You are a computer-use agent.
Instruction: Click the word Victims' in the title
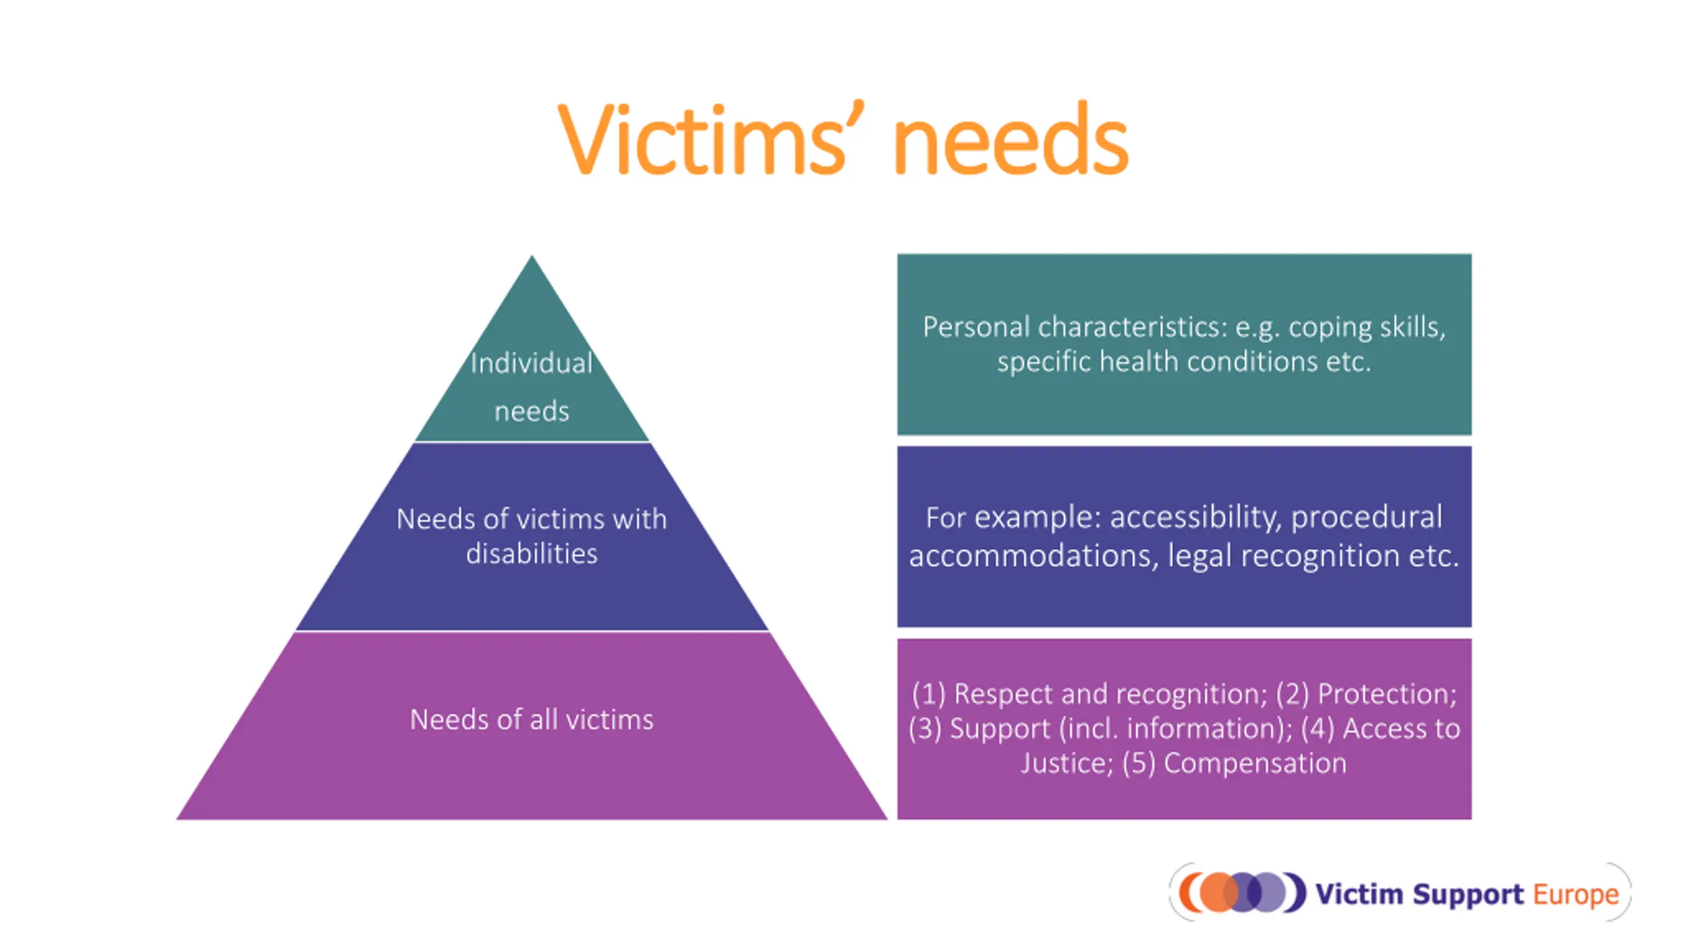click(x=701, y=140)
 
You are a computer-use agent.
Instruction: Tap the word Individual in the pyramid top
click(x=531, y=363)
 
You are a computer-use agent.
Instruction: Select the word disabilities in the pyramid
click(x=531, y=554)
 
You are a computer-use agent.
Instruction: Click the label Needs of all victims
click(x=531, y=720)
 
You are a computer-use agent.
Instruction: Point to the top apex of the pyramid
click(x=532, y=259)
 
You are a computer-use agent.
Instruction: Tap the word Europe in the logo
click(x=1575, y=894)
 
